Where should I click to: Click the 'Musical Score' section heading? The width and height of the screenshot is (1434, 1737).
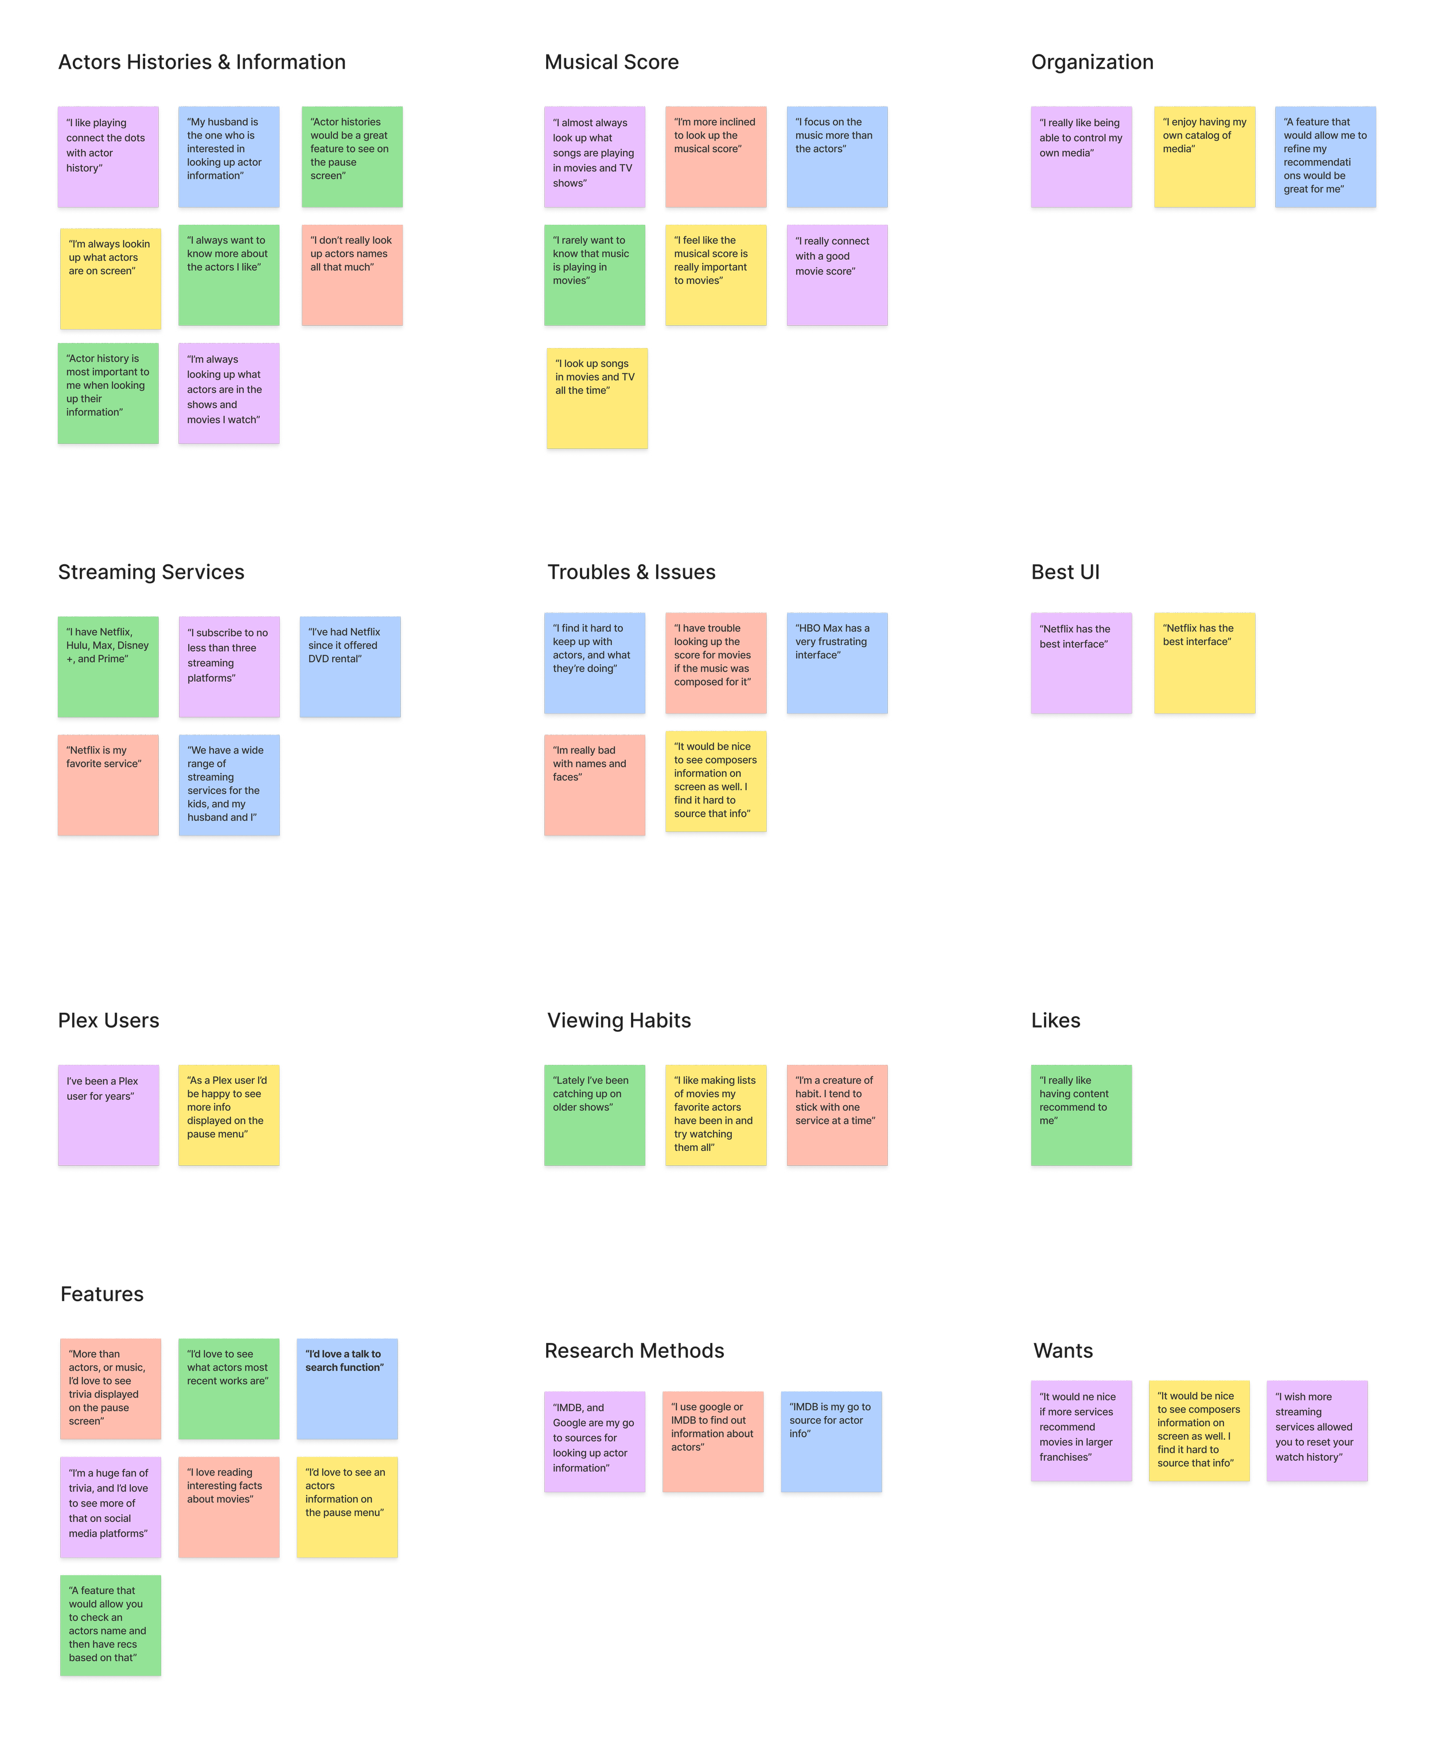coord(611,63)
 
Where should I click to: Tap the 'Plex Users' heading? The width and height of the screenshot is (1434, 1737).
coord(108,1021)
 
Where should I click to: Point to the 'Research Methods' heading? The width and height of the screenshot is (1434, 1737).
coord(634,1351)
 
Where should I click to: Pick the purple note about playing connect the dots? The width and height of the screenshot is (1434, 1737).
coord(108,157)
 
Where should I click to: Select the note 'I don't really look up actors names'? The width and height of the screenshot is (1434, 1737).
coord(352,275)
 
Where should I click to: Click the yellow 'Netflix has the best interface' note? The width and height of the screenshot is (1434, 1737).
coord(1203,663)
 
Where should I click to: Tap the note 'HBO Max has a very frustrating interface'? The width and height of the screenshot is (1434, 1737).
coord(837,663)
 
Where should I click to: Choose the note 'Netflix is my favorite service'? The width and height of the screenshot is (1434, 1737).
coord(108,784)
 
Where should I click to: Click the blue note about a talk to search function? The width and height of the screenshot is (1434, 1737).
coord(347,1389)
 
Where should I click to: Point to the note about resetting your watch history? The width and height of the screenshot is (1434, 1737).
coord(1317,1431)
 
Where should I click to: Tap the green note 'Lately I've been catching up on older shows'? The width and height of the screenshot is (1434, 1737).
coord(594,1115)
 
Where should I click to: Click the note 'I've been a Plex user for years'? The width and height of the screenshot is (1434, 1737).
coord(108,1115)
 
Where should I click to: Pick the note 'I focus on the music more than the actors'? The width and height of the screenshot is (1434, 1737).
coord(837,157)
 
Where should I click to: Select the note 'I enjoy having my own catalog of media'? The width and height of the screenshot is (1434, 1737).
coord(1203,157)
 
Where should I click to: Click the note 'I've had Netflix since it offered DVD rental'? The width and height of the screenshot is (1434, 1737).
coord(350,666)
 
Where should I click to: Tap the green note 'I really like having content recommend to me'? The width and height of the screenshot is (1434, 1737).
coord(1081,1115)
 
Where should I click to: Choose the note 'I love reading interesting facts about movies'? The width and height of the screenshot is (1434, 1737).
coord(229,1508)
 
